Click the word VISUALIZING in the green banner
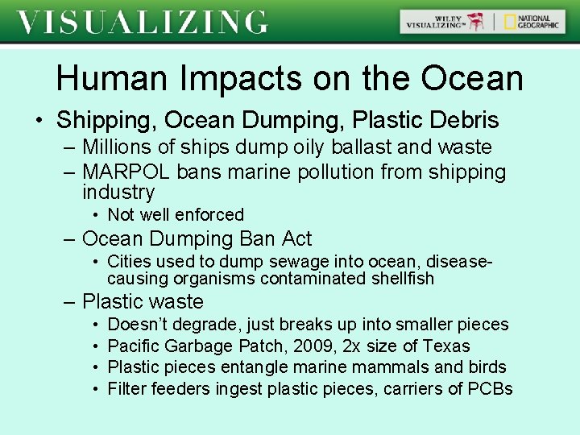[143, 22]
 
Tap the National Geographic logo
[531, 22]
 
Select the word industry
[118, 193]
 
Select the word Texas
[445, 346]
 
